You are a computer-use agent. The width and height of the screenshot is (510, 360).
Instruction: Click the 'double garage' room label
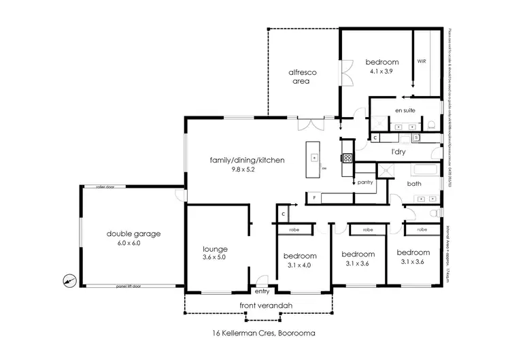click(x=133, y=233)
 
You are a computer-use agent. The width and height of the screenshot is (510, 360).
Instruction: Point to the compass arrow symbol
click(x=69, y=279)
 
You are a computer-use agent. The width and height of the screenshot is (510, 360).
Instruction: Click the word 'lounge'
click(x=214, y=249)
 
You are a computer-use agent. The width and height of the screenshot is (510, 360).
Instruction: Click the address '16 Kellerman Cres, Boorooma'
click(x=254, y=333)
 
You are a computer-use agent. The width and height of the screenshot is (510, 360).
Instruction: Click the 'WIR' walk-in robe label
click(x=421, y=61)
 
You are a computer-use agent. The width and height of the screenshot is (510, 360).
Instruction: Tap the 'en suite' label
click(x=405, y=110)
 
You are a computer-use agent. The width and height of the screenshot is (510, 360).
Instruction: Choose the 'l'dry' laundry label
click(x=398, y=152)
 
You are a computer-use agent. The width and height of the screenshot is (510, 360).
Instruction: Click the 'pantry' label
click(x=364, y=183)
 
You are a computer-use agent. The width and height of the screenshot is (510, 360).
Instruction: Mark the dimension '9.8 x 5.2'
click(x=247, y=169)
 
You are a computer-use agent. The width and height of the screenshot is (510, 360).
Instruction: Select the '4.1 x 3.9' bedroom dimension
click(x=381, y=71)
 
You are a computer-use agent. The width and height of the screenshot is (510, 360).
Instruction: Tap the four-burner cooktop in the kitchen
click(x=347, y=159)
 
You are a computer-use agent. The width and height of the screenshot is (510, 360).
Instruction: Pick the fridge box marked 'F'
click(x=314, y=198)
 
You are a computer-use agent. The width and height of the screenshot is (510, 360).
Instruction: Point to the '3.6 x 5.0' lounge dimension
click(x=214, y=257)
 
